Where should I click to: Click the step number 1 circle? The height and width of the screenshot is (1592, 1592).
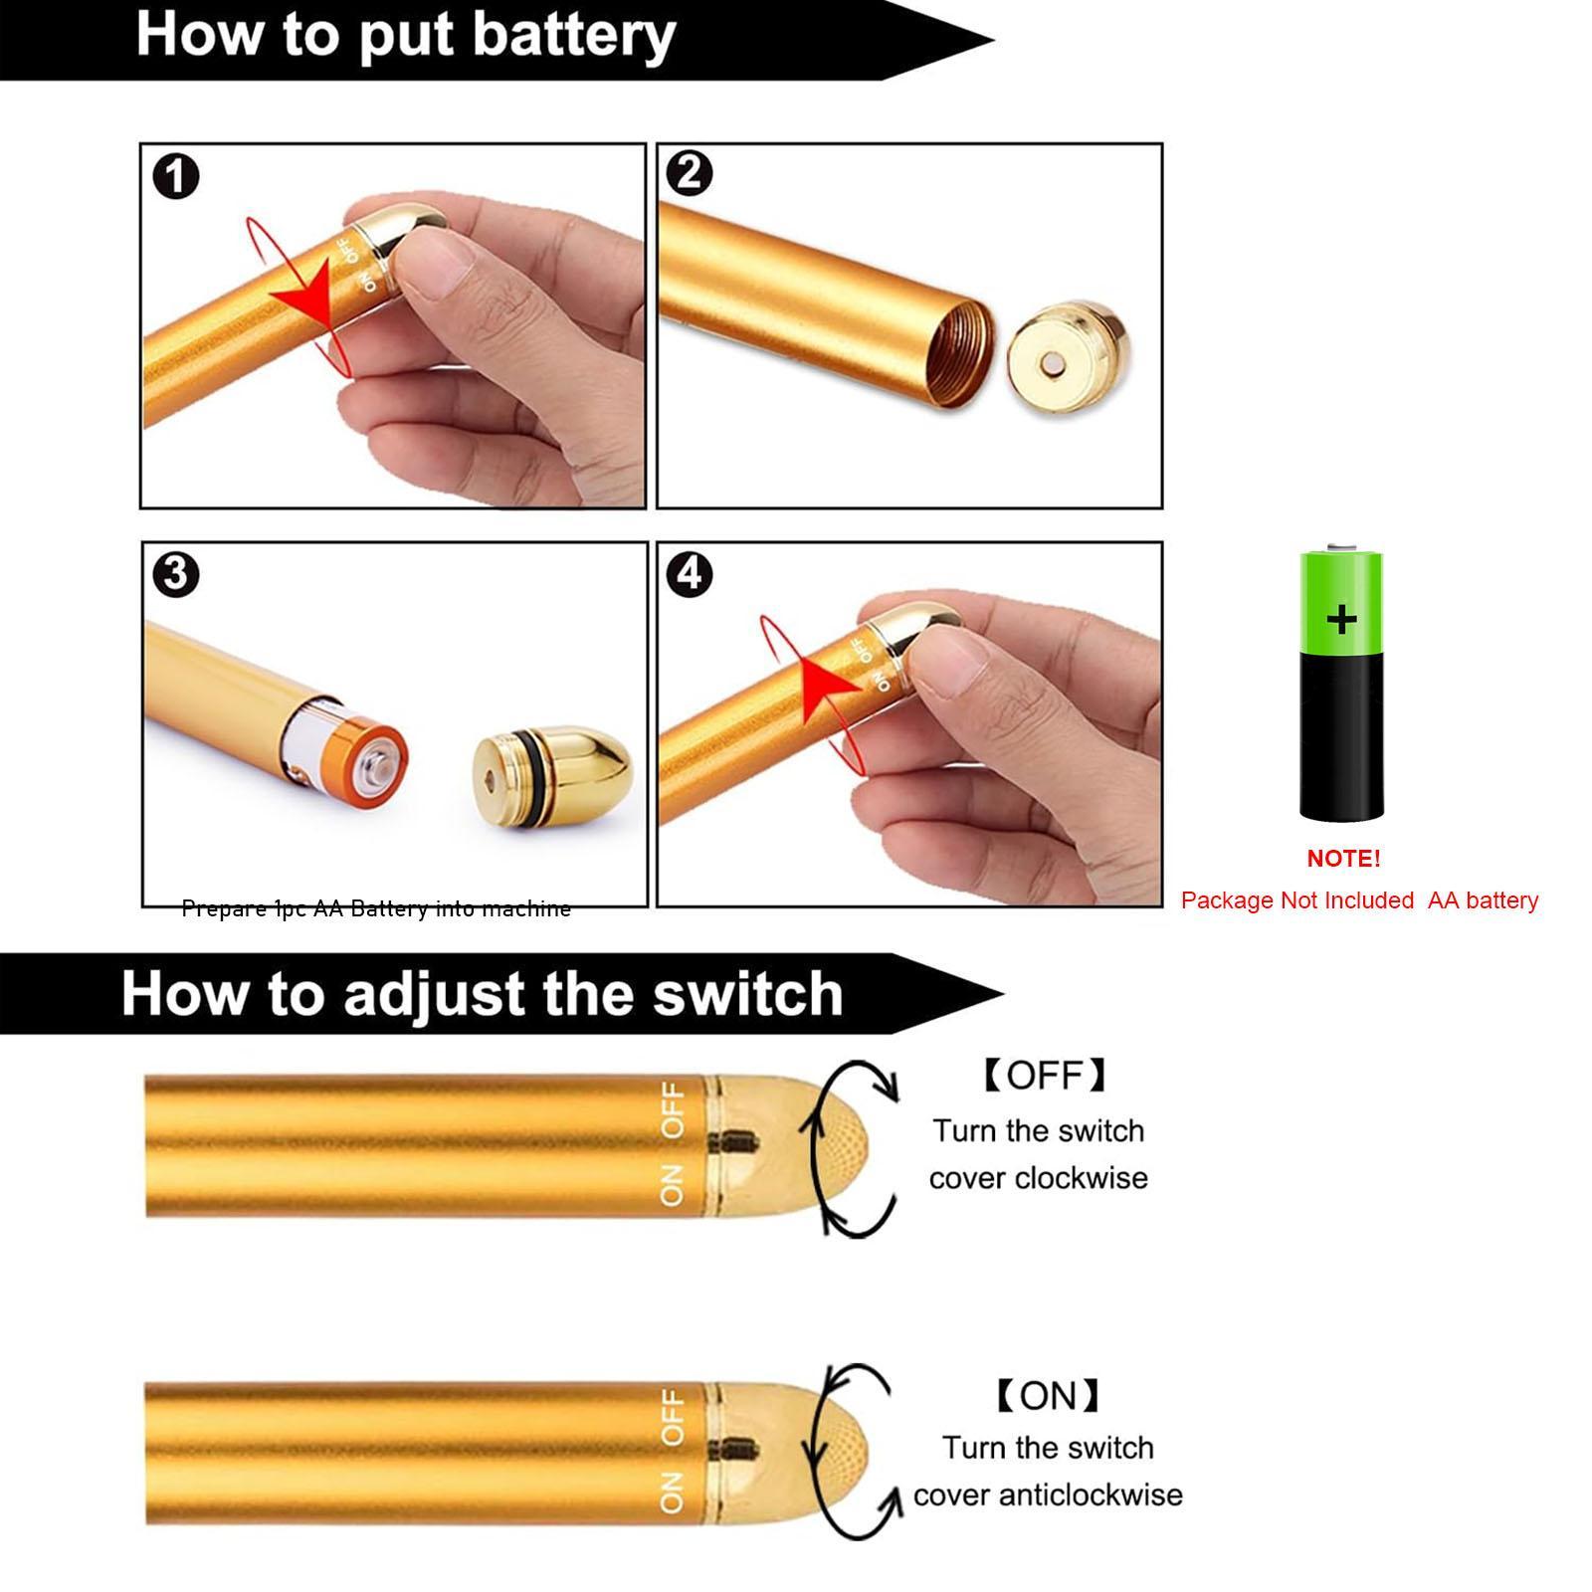point(176,177)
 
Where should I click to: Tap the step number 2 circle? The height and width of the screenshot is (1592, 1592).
point(689,173)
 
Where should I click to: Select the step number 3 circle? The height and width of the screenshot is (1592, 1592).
point(176,575)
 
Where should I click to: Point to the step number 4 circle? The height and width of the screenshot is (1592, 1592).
point(690,574)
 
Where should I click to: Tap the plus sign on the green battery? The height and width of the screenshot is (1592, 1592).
point(1341,619)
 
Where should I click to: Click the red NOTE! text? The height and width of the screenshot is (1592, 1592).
point(1343,859)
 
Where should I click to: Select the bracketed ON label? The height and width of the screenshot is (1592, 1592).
point(1048,1396)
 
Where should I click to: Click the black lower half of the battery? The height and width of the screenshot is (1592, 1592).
point(1341,736)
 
